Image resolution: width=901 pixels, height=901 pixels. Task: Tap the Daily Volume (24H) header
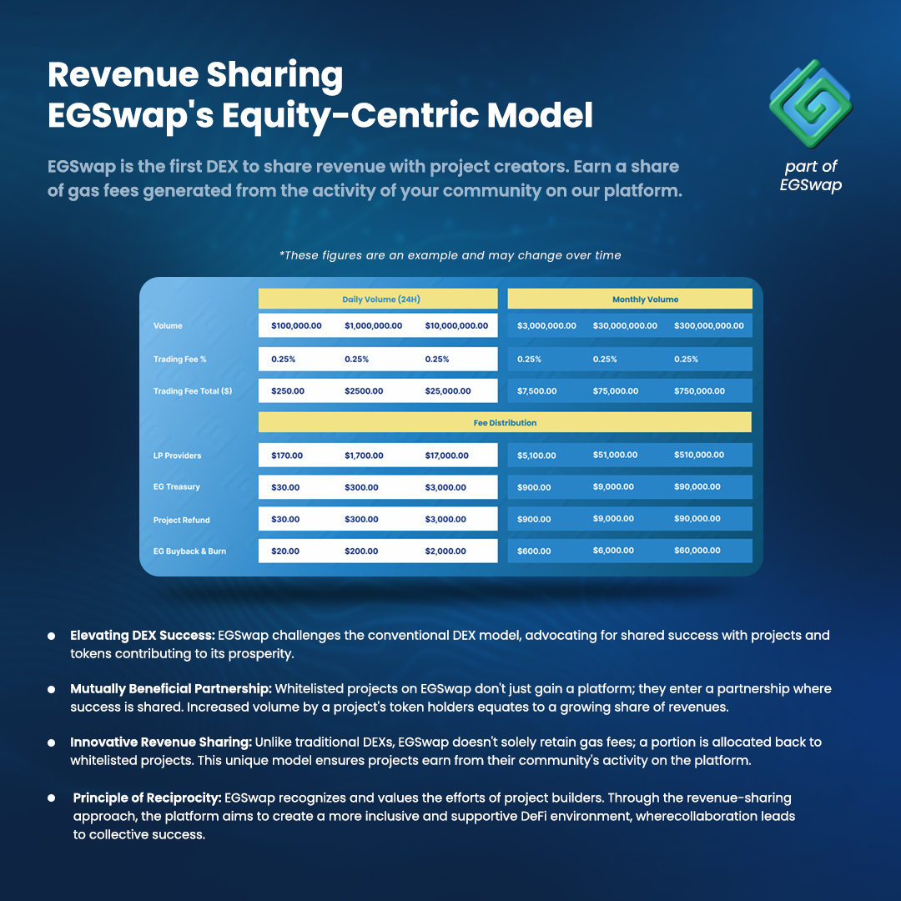click(x=378, y=299)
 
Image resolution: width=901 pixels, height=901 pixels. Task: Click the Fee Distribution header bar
click(x=505, y=422)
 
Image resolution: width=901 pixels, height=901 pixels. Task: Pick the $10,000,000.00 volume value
click(x=456, y=325)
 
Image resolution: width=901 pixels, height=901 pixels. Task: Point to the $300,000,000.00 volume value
click(x=708, y=325)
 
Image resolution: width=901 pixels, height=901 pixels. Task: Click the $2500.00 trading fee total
click(x=364, y=390)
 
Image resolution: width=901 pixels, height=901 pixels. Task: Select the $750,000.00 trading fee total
click(x=699, y=390)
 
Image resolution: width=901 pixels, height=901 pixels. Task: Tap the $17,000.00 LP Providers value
click(x=446, y=456)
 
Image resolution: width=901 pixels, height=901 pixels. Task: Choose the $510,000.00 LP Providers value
click(x=699, y=455)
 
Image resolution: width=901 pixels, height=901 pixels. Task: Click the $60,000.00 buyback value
click(x=697, y=551)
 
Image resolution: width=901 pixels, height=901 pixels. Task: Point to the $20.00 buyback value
click(x=285, y=551)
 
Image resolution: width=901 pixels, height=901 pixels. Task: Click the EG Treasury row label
click(x=177, y=486)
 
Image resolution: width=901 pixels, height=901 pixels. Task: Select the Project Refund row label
click(x=181, y=520)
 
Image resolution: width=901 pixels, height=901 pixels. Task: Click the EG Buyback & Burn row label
click(x=189, y=551)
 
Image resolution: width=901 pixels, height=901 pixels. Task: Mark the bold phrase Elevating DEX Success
click(x=142, y=636)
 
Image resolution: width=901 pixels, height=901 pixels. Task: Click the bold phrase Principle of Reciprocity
click(x=147, y=799)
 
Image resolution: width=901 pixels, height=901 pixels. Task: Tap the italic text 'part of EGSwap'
click(x=810, y=176)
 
